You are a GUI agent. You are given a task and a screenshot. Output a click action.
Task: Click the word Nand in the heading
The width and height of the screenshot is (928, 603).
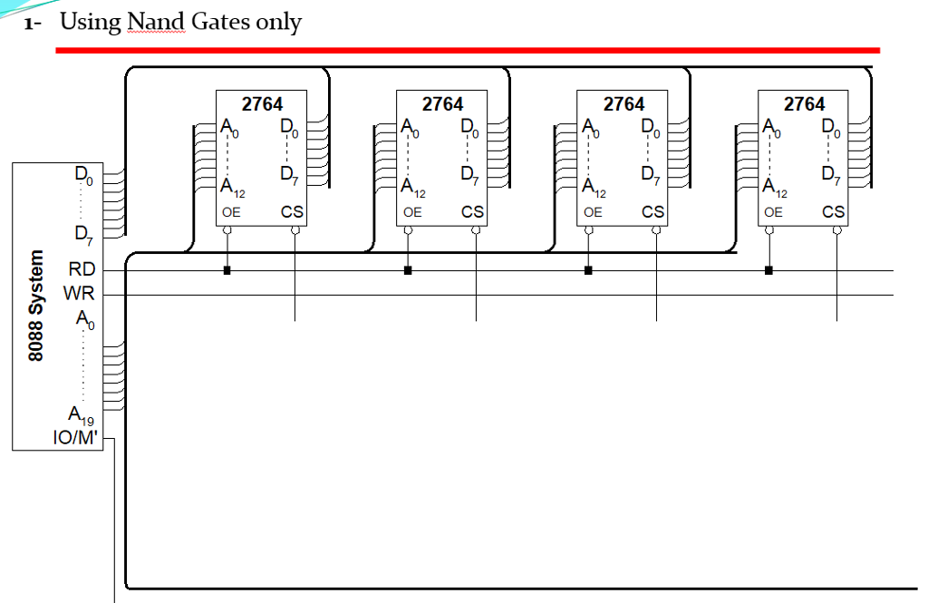[x=155, y=22]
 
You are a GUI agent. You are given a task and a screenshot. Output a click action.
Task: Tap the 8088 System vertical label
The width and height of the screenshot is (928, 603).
[x=36, y=306]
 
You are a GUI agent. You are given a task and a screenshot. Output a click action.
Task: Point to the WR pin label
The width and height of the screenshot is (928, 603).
[x=80, y=295]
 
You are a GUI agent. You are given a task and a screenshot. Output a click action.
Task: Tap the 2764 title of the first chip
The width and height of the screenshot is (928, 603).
[x=262, y=104]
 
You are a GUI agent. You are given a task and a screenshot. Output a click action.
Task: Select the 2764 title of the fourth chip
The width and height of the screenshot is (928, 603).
[x=804, y=104]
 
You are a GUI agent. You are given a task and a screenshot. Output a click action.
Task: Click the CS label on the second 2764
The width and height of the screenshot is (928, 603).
[x=472, y=212]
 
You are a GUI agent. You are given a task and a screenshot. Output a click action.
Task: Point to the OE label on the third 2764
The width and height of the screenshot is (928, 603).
[x=593, y=212]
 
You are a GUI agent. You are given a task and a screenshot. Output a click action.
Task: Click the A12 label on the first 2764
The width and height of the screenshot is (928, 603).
[x=232, y=189]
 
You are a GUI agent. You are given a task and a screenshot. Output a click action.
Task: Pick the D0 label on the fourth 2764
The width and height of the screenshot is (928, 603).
[x=831, y=128]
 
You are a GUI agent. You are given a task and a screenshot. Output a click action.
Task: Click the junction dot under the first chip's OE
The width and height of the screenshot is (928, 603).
[x=227, y=270]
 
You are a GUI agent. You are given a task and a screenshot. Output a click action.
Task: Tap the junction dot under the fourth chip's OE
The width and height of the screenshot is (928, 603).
[x=768, y=270]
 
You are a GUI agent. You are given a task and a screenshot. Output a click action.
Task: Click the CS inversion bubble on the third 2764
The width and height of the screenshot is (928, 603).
[x=655, y=231]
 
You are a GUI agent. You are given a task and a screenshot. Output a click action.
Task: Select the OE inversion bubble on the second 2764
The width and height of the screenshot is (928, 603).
[x=408, y=231]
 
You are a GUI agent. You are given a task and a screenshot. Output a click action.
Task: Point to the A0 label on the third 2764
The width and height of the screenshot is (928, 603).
[x=591, y=128]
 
